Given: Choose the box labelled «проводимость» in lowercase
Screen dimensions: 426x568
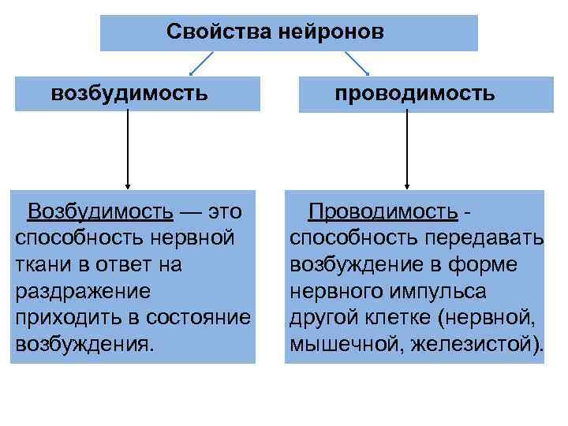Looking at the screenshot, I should (x=415, y=94).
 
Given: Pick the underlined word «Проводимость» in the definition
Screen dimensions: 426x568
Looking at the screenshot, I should (x=383, y=211).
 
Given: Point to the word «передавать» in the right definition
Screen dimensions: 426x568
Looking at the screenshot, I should (x=484, y=238).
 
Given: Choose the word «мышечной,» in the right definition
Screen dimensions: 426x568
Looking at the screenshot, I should (x=346, y=345).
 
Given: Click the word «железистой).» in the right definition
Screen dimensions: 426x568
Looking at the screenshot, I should (x=477, y=345).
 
